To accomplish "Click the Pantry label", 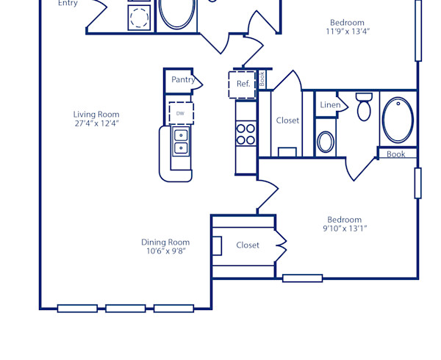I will [183, 79].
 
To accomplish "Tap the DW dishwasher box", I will [180, 113].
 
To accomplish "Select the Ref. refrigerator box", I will [243, 84].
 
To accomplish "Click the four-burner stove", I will [245, 133].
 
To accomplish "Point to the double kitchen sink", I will [181, 141].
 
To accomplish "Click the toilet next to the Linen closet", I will [364, 107].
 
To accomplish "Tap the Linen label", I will [330, 106].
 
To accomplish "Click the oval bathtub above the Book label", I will [398, 119].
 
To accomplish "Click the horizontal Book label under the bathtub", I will [396, 154].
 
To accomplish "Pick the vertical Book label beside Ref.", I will [262, 79].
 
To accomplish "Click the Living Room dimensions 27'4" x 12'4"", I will [96, 123].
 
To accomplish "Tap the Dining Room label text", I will [165, 242].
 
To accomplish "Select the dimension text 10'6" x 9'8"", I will [165, 251].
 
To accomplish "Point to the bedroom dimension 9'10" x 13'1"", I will [345, 228].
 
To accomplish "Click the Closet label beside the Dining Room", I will [248, 245].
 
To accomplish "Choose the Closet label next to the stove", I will [287, 120].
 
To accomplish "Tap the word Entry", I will [68, 4].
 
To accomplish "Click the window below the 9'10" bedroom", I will [302, 278].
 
